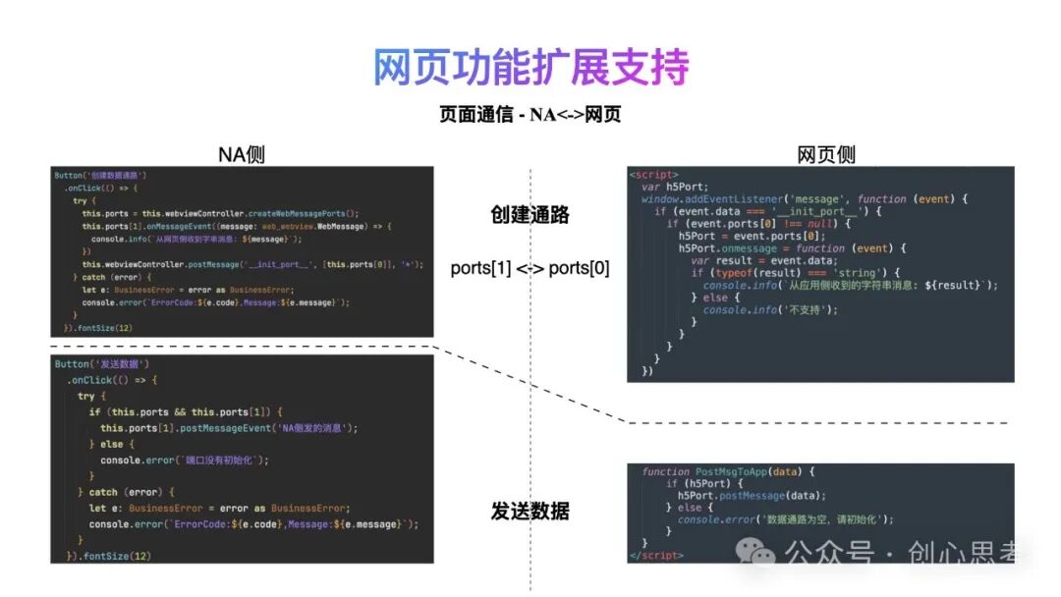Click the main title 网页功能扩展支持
pyautogui.click(x=530, y=67)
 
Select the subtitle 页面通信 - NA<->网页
pyautogui.click(x=530, y=114)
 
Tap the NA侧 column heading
pyautogui.click(x=241, y=154)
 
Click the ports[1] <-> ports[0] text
pyautogui.click(x=530, y=268)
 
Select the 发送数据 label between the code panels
pyautogui.click(x=530, y=511)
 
